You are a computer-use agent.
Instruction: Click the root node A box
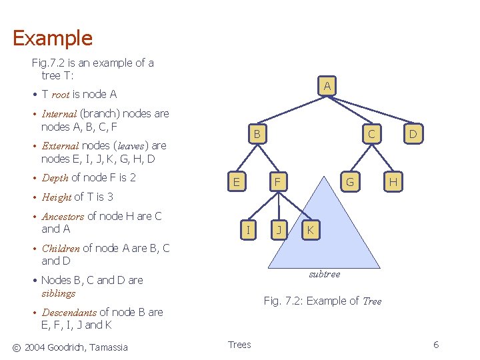[x=326, y=86]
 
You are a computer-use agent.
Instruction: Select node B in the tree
[x=256, y=135]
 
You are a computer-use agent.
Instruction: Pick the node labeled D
[x=413, y=135]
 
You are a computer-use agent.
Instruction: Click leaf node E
[x=236, y=181]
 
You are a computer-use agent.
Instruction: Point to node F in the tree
[x=278, y=181]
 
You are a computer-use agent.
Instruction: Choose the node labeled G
[x=349, y=181]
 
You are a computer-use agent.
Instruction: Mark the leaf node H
[x=393, y=181]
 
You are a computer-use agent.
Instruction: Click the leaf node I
[x=248, y=231]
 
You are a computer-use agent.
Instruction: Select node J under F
[x=280, y=231]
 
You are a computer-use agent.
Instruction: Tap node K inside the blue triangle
[x=310, y=231]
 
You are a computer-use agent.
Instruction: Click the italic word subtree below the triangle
[x=324, y=274]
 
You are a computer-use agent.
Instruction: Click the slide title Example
[x=53, y=38]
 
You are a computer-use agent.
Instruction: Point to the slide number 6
[x=436, y=345]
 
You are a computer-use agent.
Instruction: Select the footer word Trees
[x=239, y=345]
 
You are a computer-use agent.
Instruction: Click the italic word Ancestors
[x=63, y=217]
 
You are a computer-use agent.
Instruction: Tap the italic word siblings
[x=58, y=293]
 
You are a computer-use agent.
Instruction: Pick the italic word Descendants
[x=69, y=313]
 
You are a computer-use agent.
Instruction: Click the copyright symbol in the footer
[x=17, y=347]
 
